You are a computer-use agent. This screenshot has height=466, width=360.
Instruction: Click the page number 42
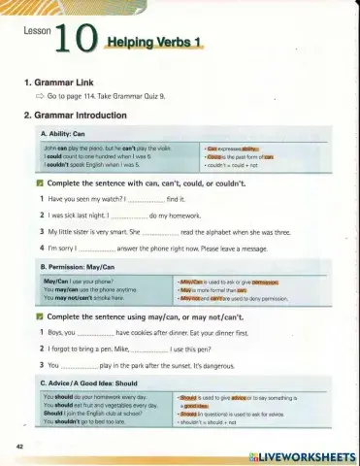pos(20,446)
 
